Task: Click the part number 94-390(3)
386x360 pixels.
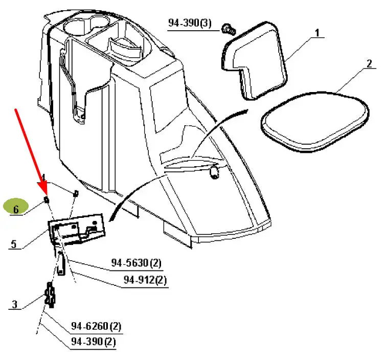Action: pos(190,24)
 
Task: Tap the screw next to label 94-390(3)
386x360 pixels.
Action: pos(228,29)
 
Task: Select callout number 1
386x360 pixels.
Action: pos(317,34)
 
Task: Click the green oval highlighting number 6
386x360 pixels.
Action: pos(16,208)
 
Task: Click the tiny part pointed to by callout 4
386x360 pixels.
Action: pos(76,193)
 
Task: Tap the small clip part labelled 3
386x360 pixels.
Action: pos(50,296)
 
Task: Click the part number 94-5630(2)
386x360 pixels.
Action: pos(137,263)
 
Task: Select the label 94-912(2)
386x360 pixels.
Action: pos(145,280)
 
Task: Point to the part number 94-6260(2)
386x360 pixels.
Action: pos(96,326)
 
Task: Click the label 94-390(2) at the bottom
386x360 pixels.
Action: pos(93,341)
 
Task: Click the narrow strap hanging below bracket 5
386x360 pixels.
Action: pos(61,263)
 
